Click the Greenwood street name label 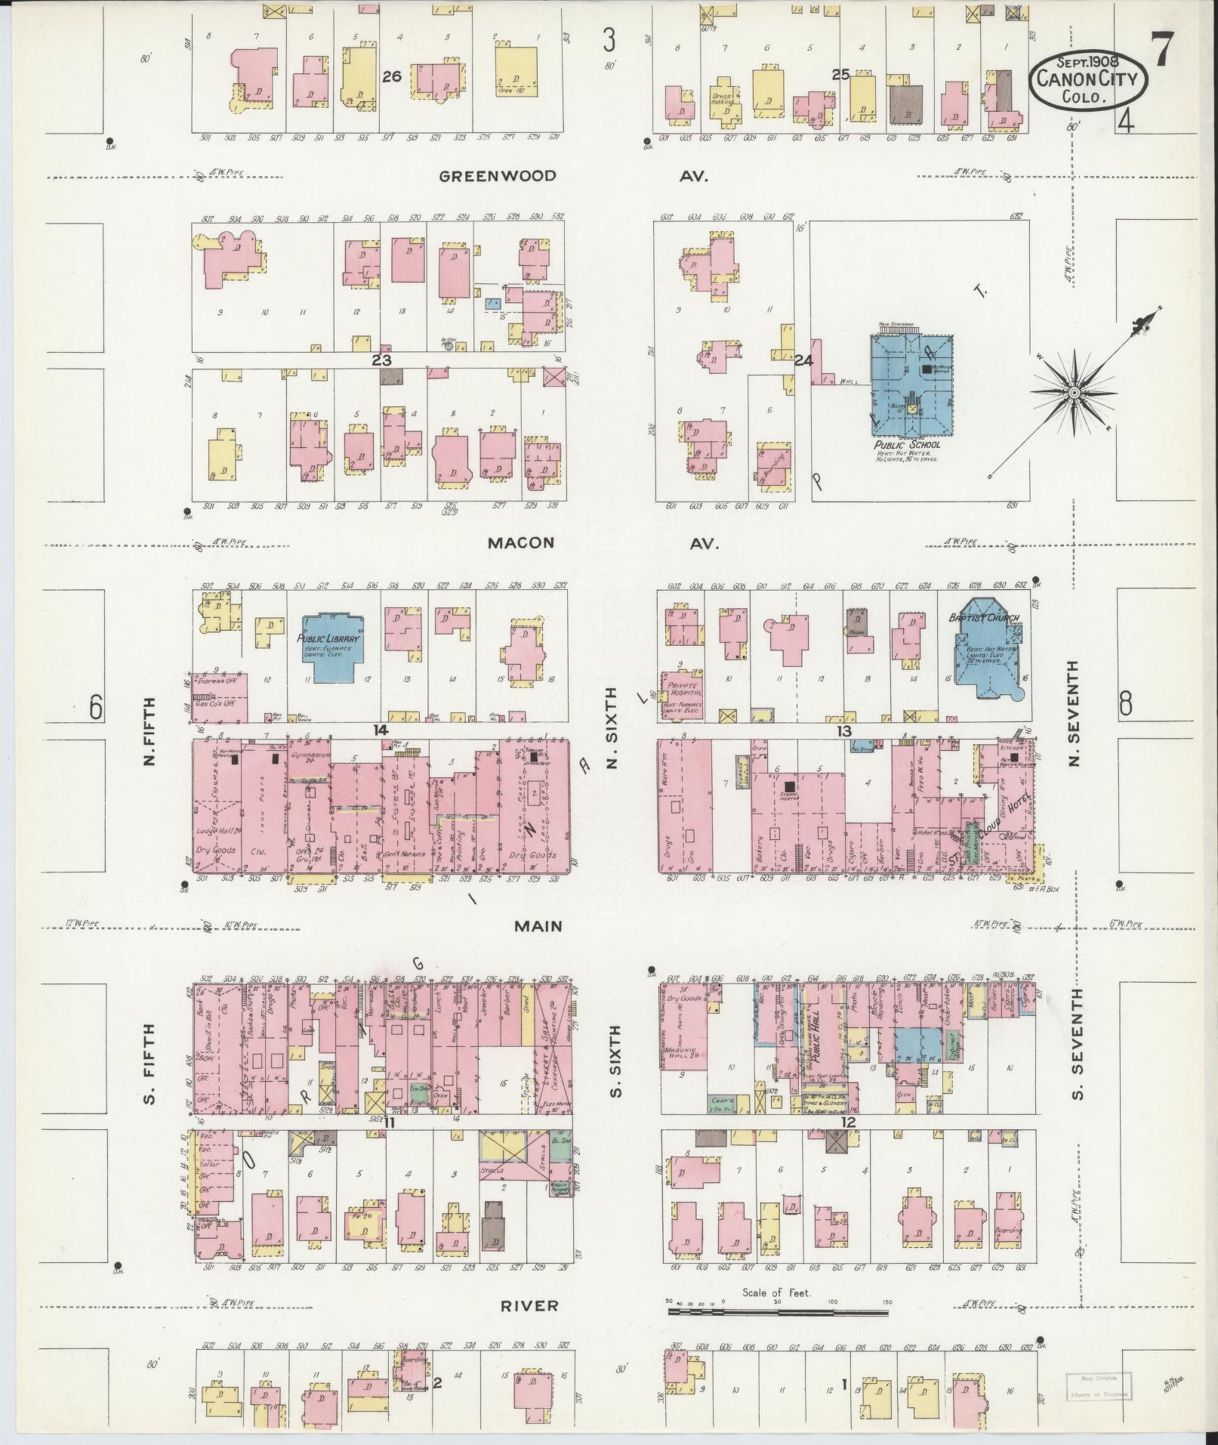[x=498, y=177]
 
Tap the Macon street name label [x=521, y=543]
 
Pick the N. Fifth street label [x=149, y=730]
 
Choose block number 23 [x=380, y=360]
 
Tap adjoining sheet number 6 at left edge [x=96, y=708]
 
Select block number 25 [x=840, y=74]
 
